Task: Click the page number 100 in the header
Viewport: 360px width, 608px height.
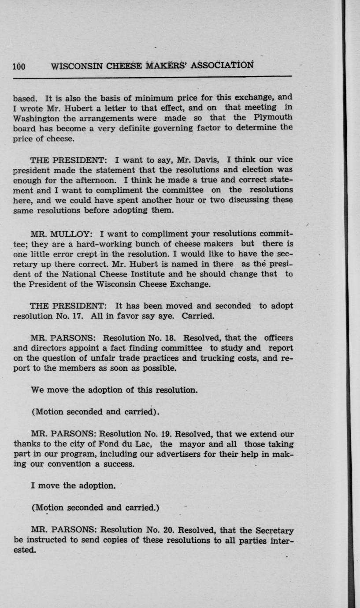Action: [x=19, y=67]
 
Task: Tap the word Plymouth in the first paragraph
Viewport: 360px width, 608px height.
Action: [x=273, y=117]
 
